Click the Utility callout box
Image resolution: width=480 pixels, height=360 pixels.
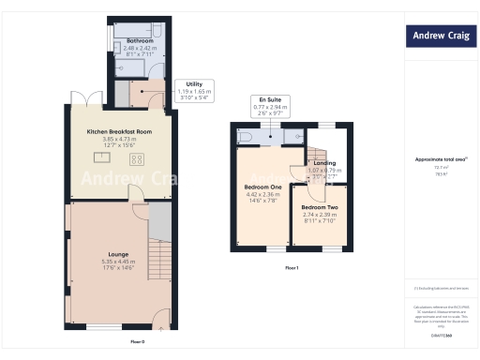pyautogui.click(x=194, y=90)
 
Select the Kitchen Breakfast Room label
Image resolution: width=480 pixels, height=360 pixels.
pyautogui.click(x=119, y=132)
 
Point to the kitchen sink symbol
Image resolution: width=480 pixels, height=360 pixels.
pyautogui.click(x=101, y=158)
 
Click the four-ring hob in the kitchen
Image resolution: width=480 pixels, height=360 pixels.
pyautogui.click(x=137, y=159)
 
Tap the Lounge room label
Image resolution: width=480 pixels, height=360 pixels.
pyautogui.click(x=119, y=254)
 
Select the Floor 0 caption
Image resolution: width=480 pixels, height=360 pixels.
pyautogui.click(x=137, y=341)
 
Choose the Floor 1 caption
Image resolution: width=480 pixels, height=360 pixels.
pyautogui.click(x=292, y=268)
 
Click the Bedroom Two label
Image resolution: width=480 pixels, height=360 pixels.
pyautogui.click(x=319, y=206)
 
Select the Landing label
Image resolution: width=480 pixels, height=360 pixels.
pyautogui.click(x=325, y=163)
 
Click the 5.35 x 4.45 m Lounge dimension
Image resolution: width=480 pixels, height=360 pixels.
pyautogui.click(x=119, y=261)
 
